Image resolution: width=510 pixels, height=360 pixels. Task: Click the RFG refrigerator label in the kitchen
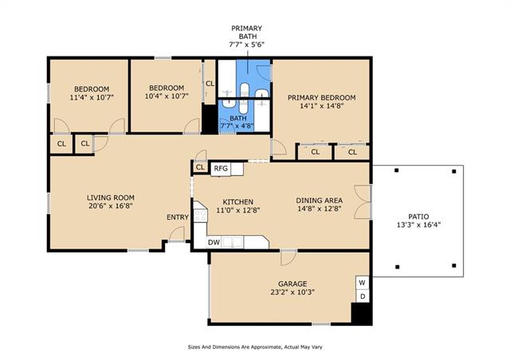tap(221, 169)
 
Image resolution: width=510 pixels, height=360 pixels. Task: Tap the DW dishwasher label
tap(214, 242)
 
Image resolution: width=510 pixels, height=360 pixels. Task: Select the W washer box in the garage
tap(362, 283)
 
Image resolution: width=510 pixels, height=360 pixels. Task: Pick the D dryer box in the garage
tap(363, 296)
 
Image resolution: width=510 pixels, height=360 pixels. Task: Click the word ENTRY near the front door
tap(178, 217)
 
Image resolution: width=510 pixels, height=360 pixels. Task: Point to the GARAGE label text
tap(292, 284)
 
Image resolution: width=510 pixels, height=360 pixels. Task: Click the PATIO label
tap(418, 217)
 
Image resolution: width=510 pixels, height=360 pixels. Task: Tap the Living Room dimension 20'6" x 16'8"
tap(111, 205)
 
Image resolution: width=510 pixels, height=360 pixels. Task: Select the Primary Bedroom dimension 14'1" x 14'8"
tap(322, 105)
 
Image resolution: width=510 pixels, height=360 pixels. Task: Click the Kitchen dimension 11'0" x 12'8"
tap(238, 210)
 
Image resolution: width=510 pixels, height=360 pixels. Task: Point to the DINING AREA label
tap(319, 201)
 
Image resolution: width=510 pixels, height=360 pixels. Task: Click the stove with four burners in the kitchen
tap(200, 215)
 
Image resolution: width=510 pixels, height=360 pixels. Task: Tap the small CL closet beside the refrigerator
tap(200, 167)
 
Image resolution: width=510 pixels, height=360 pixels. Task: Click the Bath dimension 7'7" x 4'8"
tap(237, 126)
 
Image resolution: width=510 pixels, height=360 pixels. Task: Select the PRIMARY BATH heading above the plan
tap(247, 32)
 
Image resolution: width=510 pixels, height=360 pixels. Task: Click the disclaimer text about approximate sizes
tap(255, 347)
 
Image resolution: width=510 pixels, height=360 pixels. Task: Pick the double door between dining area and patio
tap(363, 202)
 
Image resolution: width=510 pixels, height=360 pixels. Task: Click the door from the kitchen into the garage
tap(288, 257)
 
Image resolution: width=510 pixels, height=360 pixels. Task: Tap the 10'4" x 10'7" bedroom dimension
tap(167, 96)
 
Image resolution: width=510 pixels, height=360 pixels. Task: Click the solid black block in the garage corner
tap(362, 314)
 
